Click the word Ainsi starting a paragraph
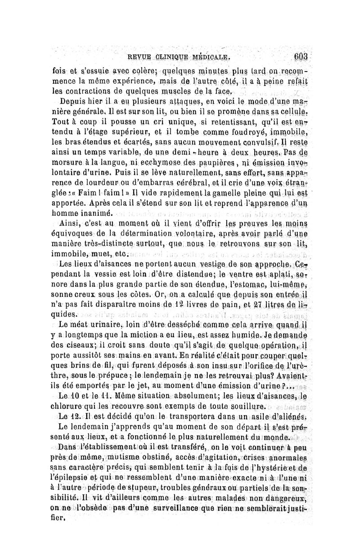[71, 223]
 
